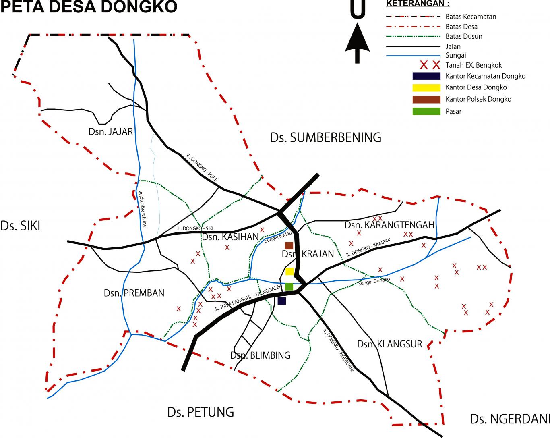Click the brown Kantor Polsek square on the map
[x=289, y=245]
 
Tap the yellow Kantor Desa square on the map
[x=289, y=271]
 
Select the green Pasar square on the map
[x=289, y=286]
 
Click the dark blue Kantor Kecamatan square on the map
[x=282, y=301]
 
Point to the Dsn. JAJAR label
[x=110, y=132]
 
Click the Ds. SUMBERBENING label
[x=325, y=137]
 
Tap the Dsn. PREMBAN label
[x=134, y=293]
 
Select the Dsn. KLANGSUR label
[x=389, y=344]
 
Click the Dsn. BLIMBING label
[x=260, y=355]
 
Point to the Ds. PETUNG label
[x=201, y=412]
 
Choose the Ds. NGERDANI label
[x=509, y=419]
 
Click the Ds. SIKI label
[x=20, y=226]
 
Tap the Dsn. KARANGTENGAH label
[x=389, y=225]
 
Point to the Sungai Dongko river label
[x=374, y=281]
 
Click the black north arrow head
[x=357, y=38]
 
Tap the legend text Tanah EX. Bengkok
[x=473, y=65]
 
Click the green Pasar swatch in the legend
[x=426, y=112]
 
